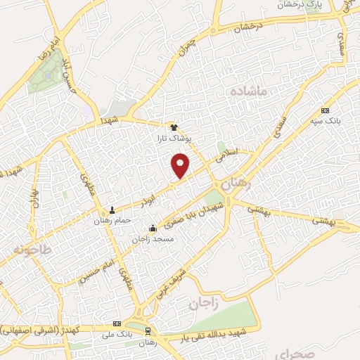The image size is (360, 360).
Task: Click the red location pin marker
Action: [x=181, y=165]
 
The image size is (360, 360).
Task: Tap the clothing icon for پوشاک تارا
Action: [x=174, y=127]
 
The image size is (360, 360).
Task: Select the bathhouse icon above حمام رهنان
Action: [x=112, y=210]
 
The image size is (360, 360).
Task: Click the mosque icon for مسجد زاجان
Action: [x=153, y=228]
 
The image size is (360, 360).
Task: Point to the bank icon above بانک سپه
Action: [x=325, y=110]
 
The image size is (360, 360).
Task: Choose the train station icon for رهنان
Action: [x=148, y=330]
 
